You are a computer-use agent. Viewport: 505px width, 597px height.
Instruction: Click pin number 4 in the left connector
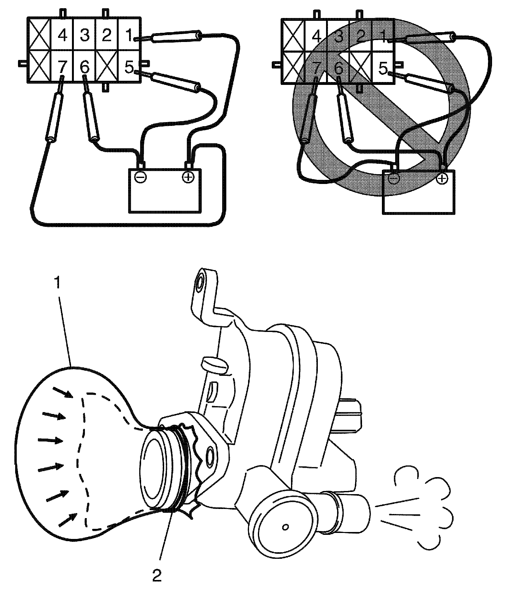[62, 35]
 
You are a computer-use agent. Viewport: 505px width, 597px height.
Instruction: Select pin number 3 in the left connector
[85, 35]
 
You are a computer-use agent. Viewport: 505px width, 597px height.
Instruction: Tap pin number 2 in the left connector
[107, 35]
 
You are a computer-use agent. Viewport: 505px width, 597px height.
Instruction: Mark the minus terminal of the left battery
[140, 177]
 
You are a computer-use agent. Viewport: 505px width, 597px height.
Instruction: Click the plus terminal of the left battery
[188, 177]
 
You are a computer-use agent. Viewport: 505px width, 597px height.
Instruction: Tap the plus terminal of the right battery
[442, 179]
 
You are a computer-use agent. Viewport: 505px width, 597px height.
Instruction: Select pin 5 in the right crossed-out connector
[383, 68]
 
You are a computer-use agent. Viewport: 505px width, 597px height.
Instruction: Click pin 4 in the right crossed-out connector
[316, 36]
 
